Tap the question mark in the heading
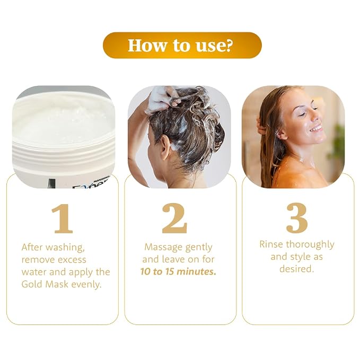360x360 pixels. [x=227, y=45]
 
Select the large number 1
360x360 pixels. [x=62, y=219]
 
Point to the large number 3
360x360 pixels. [x=297, y=217]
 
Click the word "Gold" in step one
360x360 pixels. [x=32, y=284]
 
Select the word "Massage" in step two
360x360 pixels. [x=163, y=248]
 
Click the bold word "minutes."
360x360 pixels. [x=197, y=271]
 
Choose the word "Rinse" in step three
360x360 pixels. [x=271, y=244]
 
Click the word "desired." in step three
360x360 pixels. [x=296, y=269]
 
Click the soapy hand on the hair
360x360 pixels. [x=162, y=98]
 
